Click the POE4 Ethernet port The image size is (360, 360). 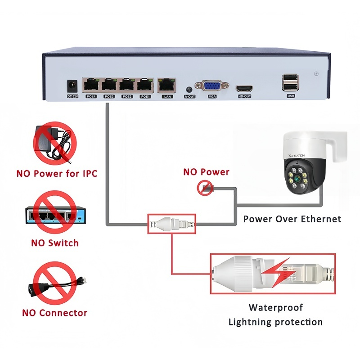point(90,85)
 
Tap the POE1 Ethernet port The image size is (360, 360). point(145,85)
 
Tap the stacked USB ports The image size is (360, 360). point(290,83)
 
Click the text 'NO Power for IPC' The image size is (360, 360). point(57,173)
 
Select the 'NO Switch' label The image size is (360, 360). point(54,243)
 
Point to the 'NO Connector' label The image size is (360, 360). point(54,313)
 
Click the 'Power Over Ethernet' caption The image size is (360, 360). point(292,219)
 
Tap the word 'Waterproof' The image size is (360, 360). point(276,308)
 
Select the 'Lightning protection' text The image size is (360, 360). point(275,322)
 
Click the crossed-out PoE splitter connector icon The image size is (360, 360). point(54,284)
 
